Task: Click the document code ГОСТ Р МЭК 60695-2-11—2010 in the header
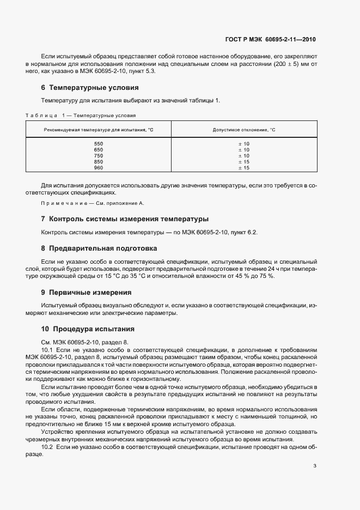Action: pos(270,39)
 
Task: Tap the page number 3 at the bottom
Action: pos(315,465)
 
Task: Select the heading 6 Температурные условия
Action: pos(89,87)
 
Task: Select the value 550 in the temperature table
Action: pos(99,144)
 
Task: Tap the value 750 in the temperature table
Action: pos(99,156)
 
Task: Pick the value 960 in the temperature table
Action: pos(99,168)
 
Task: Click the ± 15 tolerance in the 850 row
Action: pos(244,162)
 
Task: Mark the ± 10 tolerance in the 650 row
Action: pos(244,150)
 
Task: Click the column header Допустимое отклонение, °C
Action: pos(244,130)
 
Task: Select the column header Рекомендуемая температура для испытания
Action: pos(99,130)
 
